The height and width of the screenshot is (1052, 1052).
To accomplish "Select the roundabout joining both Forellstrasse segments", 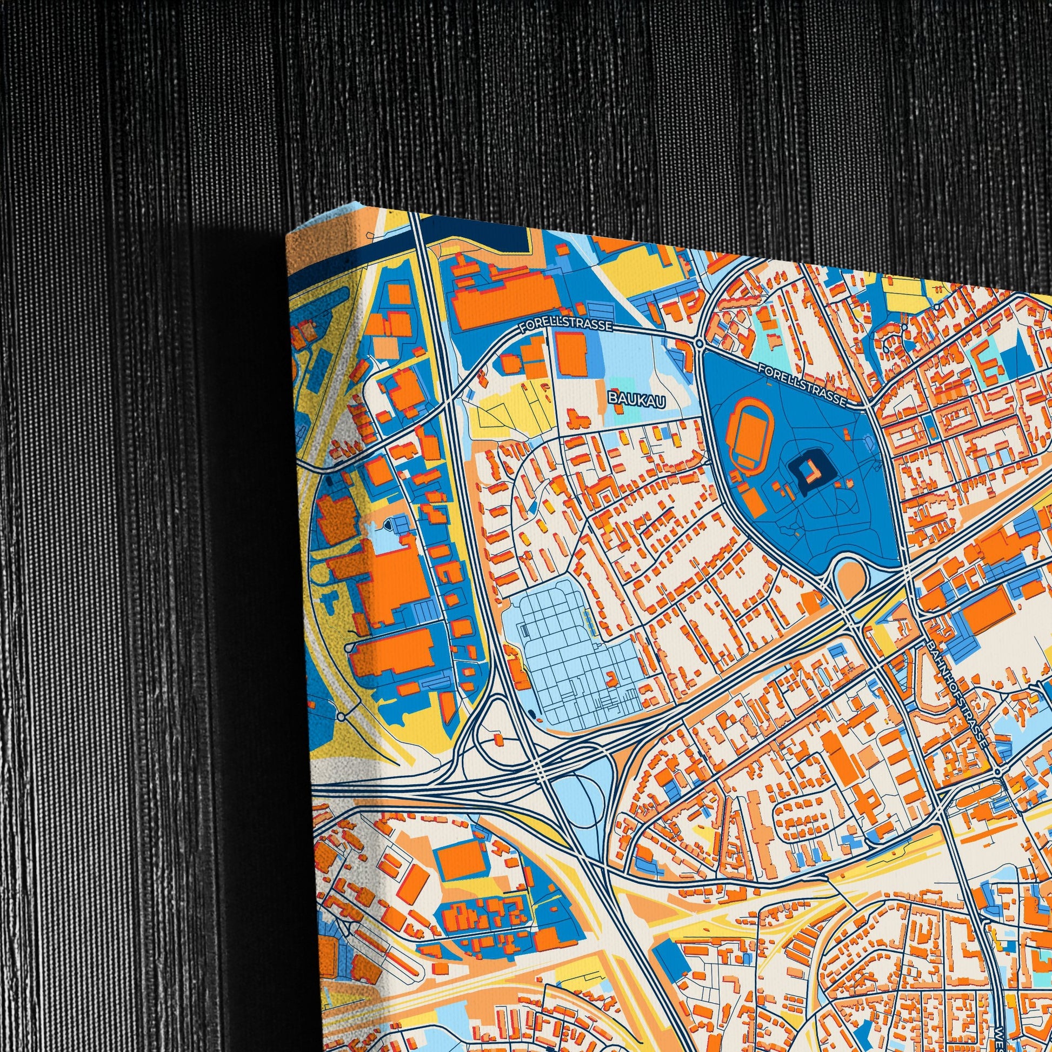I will (x=698, y=343).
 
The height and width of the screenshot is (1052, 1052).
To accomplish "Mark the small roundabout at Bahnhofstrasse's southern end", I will (x=997, y=772).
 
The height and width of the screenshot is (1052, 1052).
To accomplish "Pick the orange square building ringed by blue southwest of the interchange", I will (x=461, y=862).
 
